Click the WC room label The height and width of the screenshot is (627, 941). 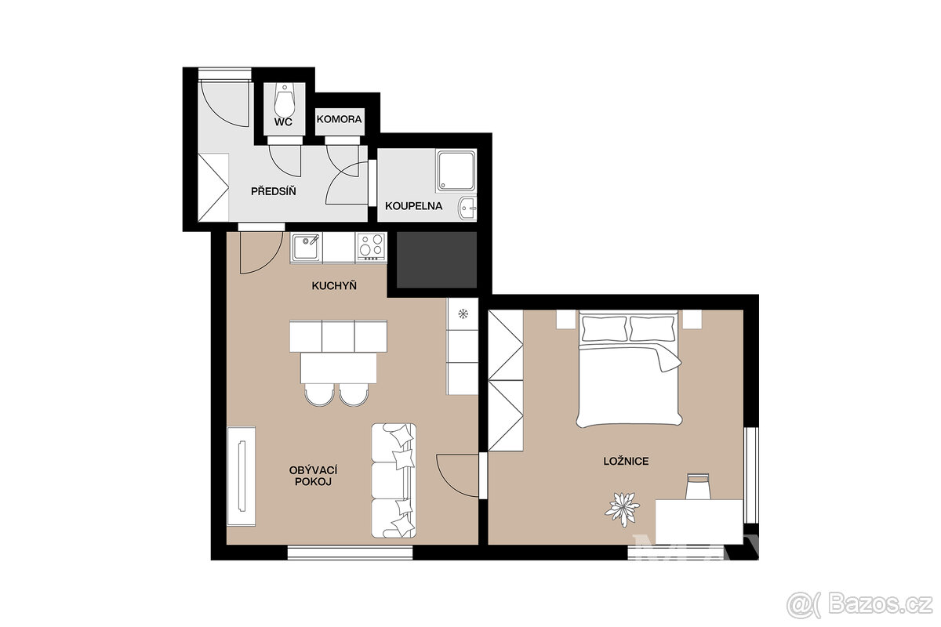(283, 121)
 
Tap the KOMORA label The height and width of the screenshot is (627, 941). (339, 119)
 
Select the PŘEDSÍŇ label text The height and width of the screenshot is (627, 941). (274, 190)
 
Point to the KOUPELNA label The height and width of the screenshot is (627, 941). (414, 206)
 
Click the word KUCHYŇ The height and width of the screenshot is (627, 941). (334, 285)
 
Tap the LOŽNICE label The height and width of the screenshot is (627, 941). (626, 461)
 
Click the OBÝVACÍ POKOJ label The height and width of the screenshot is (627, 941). (314, 476)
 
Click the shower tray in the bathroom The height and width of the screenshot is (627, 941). (456, 171)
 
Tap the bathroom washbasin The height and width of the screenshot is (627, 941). (467, 208)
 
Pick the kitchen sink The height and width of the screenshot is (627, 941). (306, 248)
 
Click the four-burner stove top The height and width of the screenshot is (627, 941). (372, 247)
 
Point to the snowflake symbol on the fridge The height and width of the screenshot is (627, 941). (463, 313)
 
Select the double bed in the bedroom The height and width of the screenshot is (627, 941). (629, 368)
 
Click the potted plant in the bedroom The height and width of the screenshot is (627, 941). (622, 509)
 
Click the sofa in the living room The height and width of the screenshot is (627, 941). (394, 480)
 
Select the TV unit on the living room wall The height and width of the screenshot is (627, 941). (242, 477)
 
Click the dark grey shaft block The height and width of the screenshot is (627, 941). (437, 260)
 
